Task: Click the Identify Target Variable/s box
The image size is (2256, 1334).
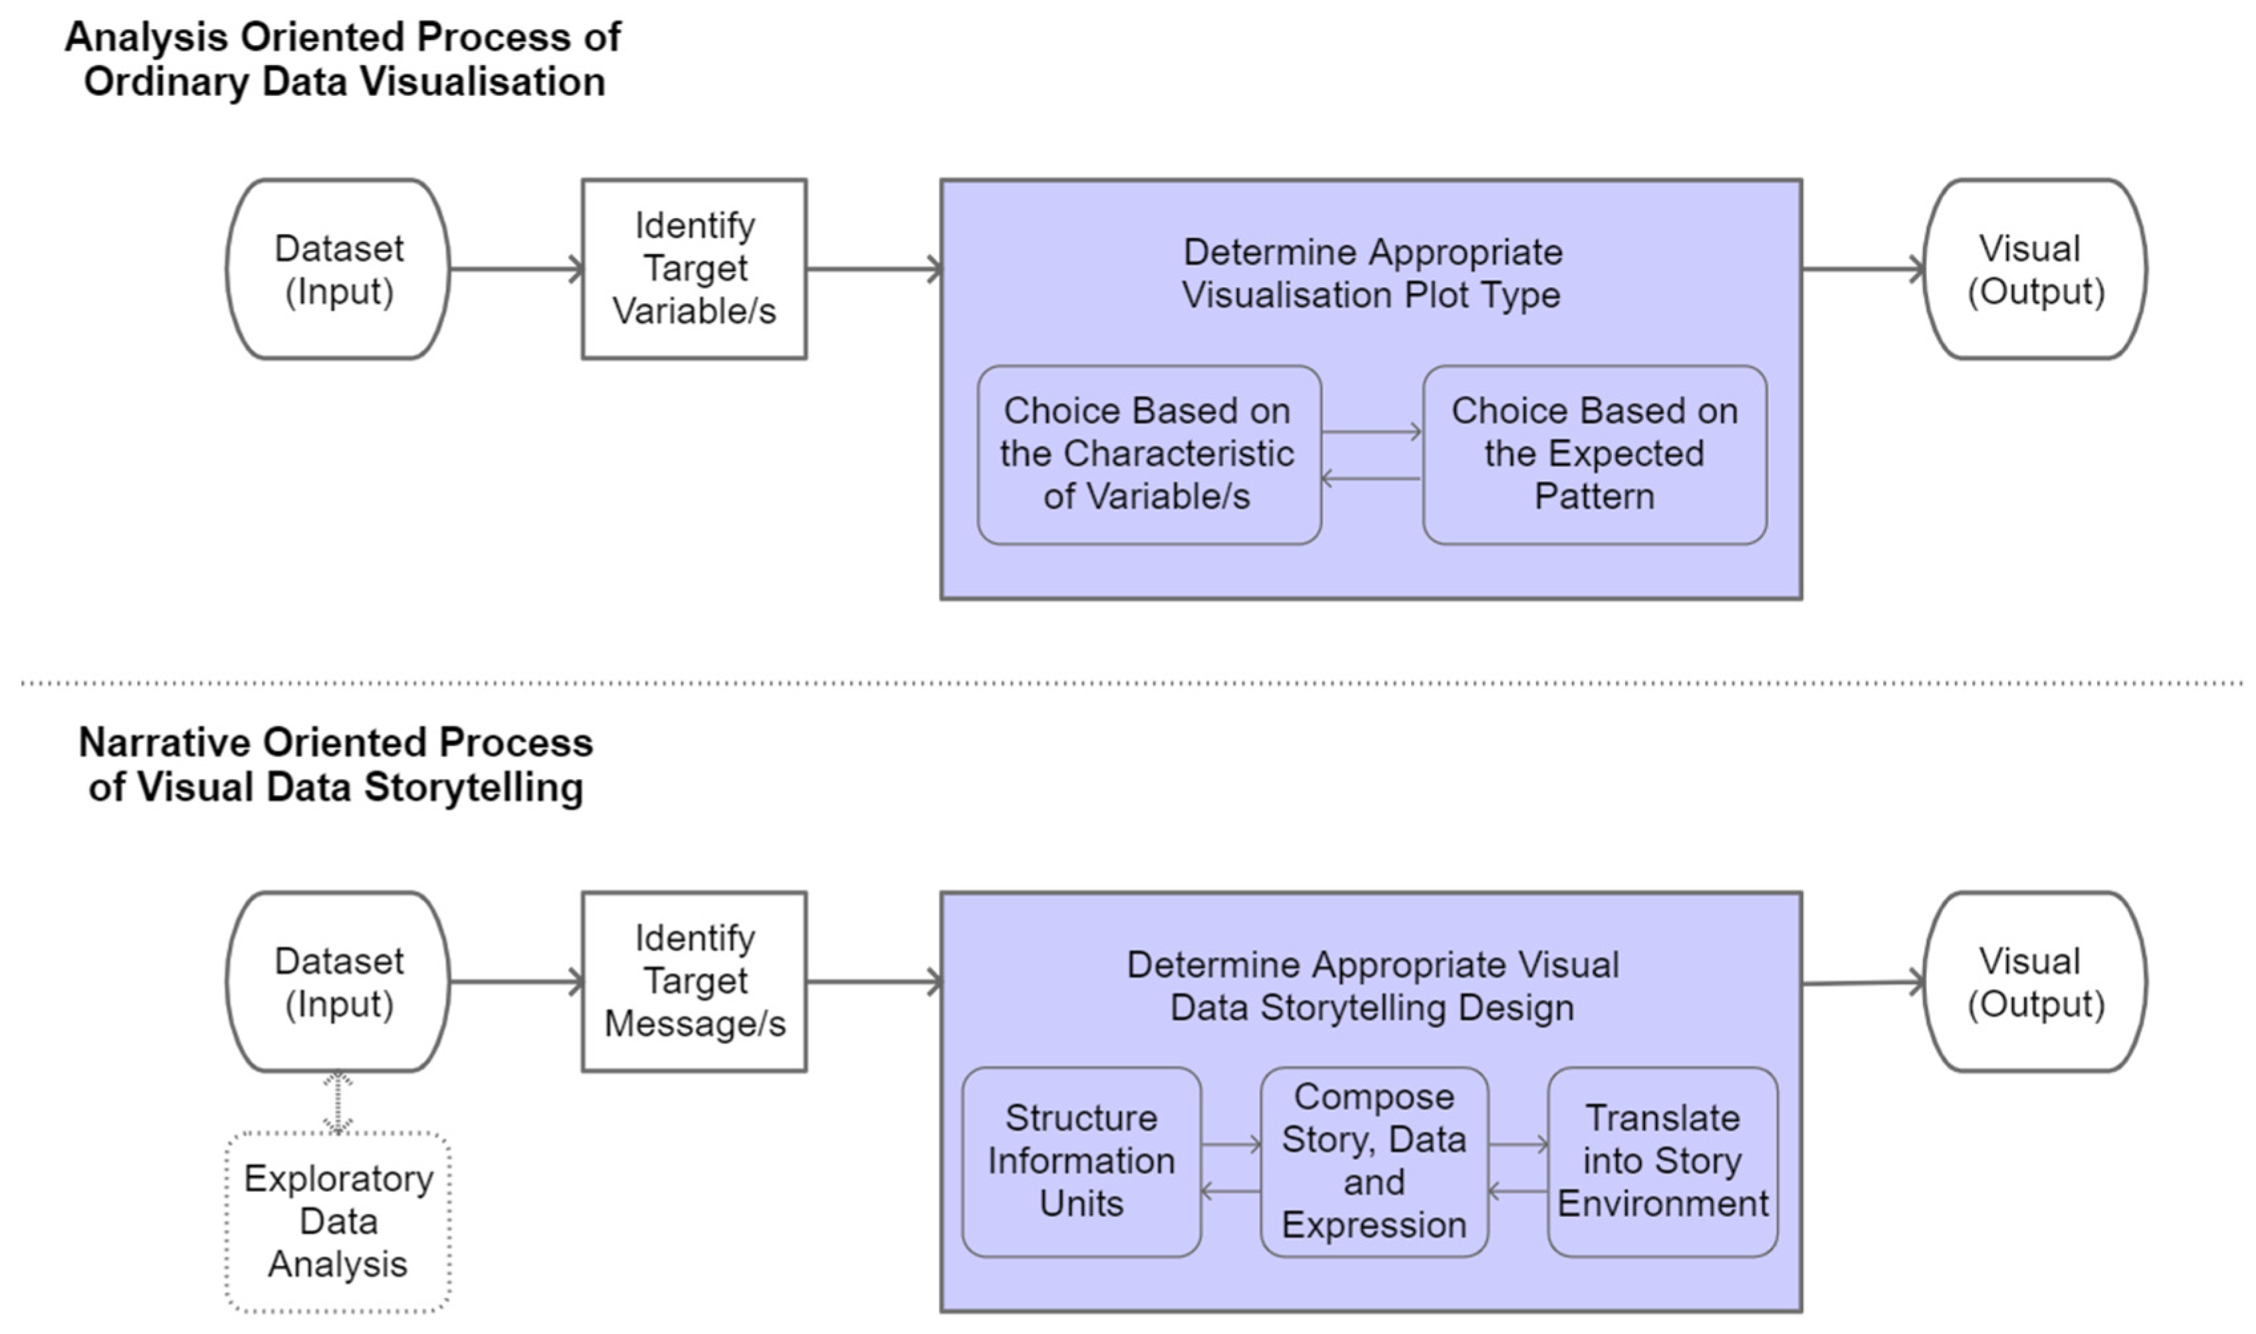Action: click(x=694, y=269)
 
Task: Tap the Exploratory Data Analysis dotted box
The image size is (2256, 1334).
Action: click(x=338, y=1222)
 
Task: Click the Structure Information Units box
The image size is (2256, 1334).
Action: click(x=1081, y=1161)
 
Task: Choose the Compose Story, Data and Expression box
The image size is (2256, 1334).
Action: click(x=1373, y=1161)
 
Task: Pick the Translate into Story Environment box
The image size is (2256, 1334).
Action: click(x=1662, y=1161)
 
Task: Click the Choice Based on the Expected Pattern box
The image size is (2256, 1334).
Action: click(x=1595, y=454)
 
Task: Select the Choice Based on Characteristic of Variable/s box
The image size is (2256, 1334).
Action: click(x=1148, y=454)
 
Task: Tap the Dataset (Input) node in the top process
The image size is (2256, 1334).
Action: click(x=338, y=269)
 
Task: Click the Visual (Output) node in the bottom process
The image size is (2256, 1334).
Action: click(x=2035, y=982)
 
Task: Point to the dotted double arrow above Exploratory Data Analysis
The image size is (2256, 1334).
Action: click(x=338, y=1102)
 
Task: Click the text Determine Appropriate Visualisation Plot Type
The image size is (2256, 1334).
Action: click(x=1371, y=273)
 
